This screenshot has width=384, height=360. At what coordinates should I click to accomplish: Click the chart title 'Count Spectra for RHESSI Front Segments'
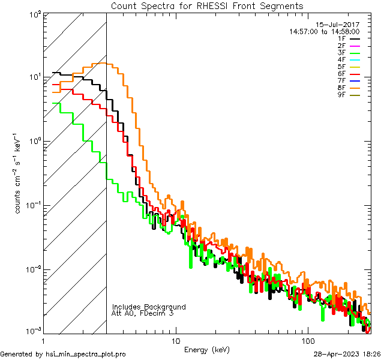[207, 5]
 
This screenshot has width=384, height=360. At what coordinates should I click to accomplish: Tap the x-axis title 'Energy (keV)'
[207, 349]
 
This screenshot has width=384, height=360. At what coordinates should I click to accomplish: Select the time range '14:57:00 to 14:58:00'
[324, 31]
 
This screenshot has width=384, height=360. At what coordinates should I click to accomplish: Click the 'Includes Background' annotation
[149, 307]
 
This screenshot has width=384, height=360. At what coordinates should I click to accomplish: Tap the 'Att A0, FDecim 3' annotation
[143, 313]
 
